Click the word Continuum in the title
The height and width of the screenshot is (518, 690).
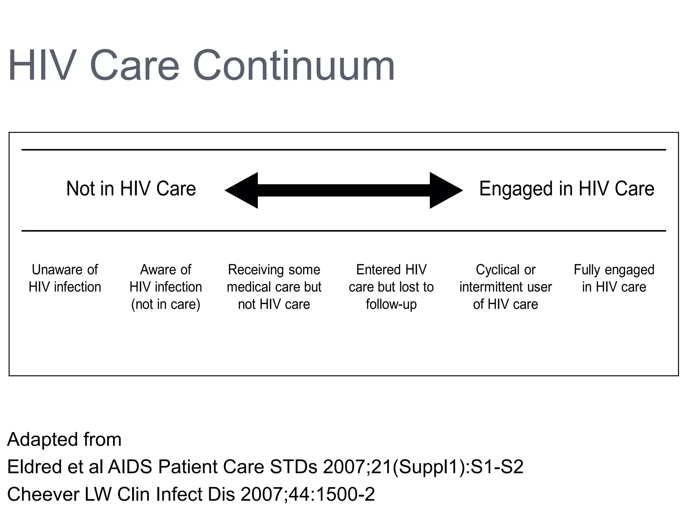click(293, 66)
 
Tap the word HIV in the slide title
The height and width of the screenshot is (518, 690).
click(42, 66)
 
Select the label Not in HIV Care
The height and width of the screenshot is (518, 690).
click(131, 189)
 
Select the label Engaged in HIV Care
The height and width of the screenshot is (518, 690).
click(567, 189)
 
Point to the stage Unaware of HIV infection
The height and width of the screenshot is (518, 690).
click(65, 278)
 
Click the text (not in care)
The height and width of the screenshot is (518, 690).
click(165, 305)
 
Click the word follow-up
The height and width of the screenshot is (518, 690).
click(391, 305)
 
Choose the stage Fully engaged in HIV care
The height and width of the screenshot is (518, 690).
click(614, 278)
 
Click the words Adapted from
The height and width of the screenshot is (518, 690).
click(64, 439)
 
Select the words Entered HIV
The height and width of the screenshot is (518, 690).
click(391, 270)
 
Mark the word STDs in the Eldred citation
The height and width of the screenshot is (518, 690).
click(293, 467)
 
